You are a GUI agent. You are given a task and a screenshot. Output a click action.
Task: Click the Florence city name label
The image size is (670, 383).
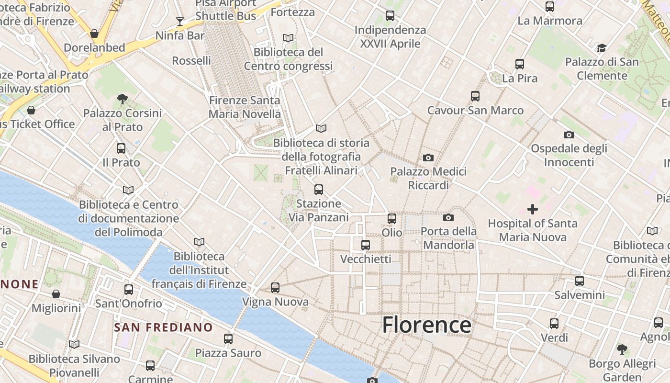click(x=426, y=325)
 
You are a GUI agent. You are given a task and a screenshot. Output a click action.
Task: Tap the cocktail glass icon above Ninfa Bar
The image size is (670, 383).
click(x=180, y=21)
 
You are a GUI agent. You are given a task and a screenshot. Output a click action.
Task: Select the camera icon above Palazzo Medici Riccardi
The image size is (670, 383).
click(x=428, y=158)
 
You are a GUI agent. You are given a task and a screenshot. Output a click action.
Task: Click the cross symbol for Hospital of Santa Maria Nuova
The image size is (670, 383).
click(x=532, y=209)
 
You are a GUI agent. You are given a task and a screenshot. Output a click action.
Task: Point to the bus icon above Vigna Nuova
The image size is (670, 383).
click(x=275, y=288)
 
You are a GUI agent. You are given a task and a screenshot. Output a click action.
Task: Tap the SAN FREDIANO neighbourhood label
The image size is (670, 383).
click(x=163, y=327)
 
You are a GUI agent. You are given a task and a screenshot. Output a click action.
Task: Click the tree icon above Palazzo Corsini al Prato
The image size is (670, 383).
click(x=123, y=99)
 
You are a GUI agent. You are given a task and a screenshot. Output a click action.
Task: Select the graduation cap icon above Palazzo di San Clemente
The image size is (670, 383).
click(x=602, y=48)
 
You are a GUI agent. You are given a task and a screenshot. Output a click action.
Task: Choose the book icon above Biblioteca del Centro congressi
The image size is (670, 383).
click(x=288, y=38)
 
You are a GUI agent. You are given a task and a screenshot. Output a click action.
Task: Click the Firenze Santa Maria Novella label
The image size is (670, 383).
click(x=245, y=107)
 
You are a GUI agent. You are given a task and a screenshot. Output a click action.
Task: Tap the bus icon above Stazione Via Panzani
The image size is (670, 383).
click(x=319, y=190)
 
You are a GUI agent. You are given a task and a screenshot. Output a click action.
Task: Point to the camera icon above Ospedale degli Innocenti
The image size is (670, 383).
click(x=569, y=135)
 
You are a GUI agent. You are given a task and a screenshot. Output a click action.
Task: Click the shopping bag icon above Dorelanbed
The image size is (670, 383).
click(x=94, y=34)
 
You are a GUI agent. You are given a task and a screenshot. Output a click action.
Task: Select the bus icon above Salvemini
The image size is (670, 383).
click(x=580, y=281)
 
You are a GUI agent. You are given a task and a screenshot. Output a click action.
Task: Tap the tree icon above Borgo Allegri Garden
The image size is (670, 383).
click(x=622, y=349)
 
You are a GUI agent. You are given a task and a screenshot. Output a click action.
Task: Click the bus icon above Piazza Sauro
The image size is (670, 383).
click(x=228, y=339)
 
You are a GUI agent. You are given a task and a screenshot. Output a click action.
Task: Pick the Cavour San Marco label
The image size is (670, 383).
click(x=475, y=111)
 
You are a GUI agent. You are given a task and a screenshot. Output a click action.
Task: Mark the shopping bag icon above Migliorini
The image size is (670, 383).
click(x=56, y=294)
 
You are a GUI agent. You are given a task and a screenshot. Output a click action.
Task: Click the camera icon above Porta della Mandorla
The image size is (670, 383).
click(x=448, y=217)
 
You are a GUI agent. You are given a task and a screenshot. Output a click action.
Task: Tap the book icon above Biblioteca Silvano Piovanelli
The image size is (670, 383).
click(x=74, y=344)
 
